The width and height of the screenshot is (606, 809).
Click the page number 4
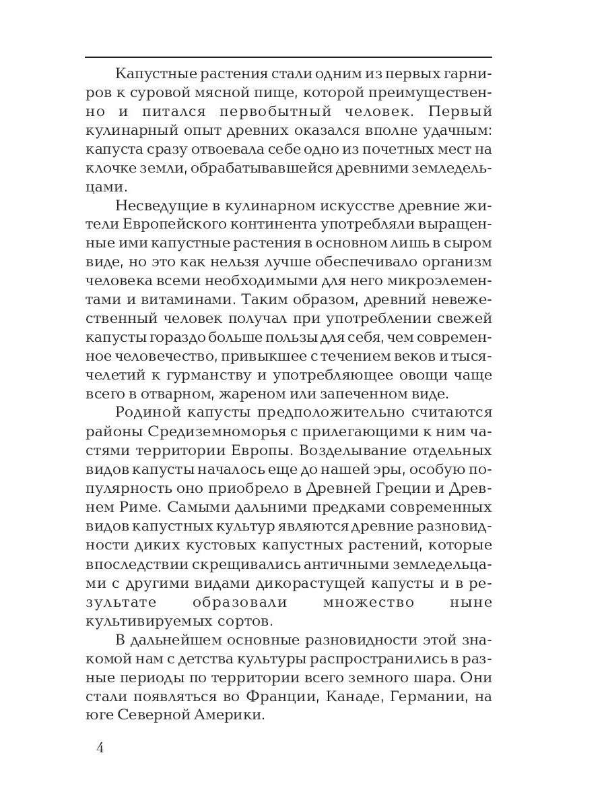click(x=100, y=748)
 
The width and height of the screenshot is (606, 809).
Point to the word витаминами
click(x=152, y=299)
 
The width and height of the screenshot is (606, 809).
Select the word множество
click(x=368, y=601)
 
